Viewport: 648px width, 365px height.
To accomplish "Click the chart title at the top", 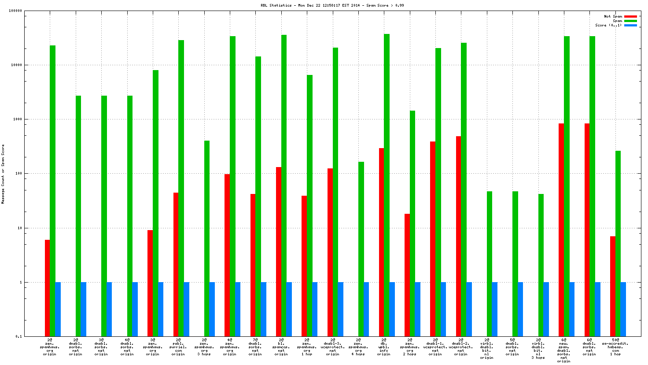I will (332, 5).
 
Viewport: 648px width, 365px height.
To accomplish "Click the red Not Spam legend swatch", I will (630, 16).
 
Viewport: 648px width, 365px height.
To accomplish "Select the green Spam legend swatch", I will (630, 21).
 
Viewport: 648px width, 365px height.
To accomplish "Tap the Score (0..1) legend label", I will (608, 25).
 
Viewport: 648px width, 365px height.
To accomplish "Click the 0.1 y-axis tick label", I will (18, 336).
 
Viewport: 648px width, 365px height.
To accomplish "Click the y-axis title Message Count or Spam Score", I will (3, 174).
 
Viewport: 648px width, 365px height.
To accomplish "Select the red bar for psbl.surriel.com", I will (176, 264).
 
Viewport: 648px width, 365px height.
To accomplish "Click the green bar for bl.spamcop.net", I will (284, 185).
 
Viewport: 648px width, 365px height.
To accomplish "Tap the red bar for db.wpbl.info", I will (381, 242).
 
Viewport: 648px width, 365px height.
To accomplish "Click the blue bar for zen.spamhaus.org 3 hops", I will (212, 309).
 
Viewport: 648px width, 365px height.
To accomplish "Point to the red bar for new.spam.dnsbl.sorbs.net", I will (561, 230).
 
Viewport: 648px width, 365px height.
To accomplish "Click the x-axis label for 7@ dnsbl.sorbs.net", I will (255, 347).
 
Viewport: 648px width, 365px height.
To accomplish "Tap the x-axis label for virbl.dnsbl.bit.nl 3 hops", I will (538, 349).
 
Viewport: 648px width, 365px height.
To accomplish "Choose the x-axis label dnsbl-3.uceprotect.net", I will (333, 347).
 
